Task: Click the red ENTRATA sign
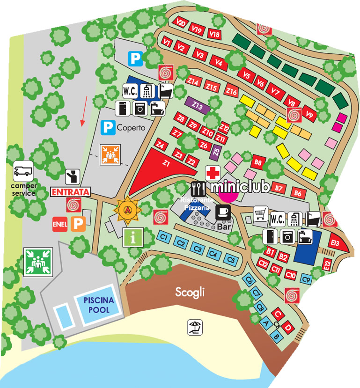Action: [x=69, y=192]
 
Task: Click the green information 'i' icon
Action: [x=132, y=237]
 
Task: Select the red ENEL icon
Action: [x=60, y=224]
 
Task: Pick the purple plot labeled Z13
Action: [x=198, y=106]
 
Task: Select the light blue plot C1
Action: [x=164, y=237]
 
